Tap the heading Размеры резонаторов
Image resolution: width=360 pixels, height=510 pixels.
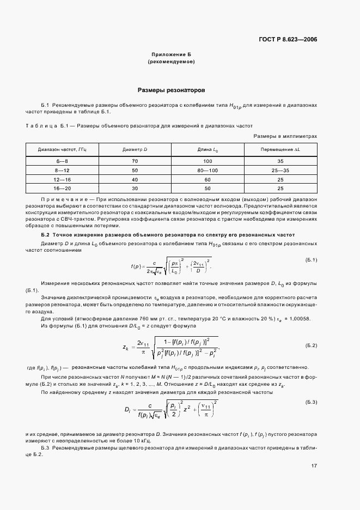point(171,89)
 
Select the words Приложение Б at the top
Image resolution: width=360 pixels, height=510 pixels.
point(171,54)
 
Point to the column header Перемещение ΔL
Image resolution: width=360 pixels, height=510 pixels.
point(280,149)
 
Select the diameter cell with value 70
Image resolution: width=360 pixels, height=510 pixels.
point(135,161)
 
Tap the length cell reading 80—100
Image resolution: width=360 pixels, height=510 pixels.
point(208,171)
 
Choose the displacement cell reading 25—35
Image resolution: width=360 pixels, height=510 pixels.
point(280,171)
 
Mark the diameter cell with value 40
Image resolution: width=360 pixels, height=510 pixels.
point(135,179)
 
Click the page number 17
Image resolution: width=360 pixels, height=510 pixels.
point(314,466)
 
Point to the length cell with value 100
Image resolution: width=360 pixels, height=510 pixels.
point(208,161)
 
